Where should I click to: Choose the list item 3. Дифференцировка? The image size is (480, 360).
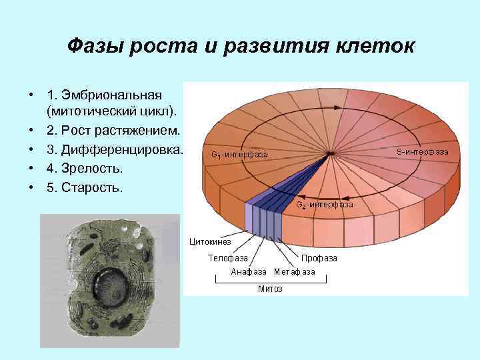tap(115, 149)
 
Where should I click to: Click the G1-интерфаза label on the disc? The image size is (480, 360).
tap(239, 155)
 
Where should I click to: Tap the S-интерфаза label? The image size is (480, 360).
tap(422, 152)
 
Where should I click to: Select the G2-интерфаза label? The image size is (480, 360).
tap(325, 205)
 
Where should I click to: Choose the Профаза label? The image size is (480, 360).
tap(319, 257)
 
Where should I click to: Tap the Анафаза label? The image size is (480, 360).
tap(249, 272)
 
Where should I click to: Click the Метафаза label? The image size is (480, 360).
tap(294, 272)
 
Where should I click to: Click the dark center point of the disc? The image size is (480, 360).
tap(330, 155)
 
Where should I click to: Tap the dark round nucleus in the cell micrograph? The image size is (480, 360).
tap(108, 285)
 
